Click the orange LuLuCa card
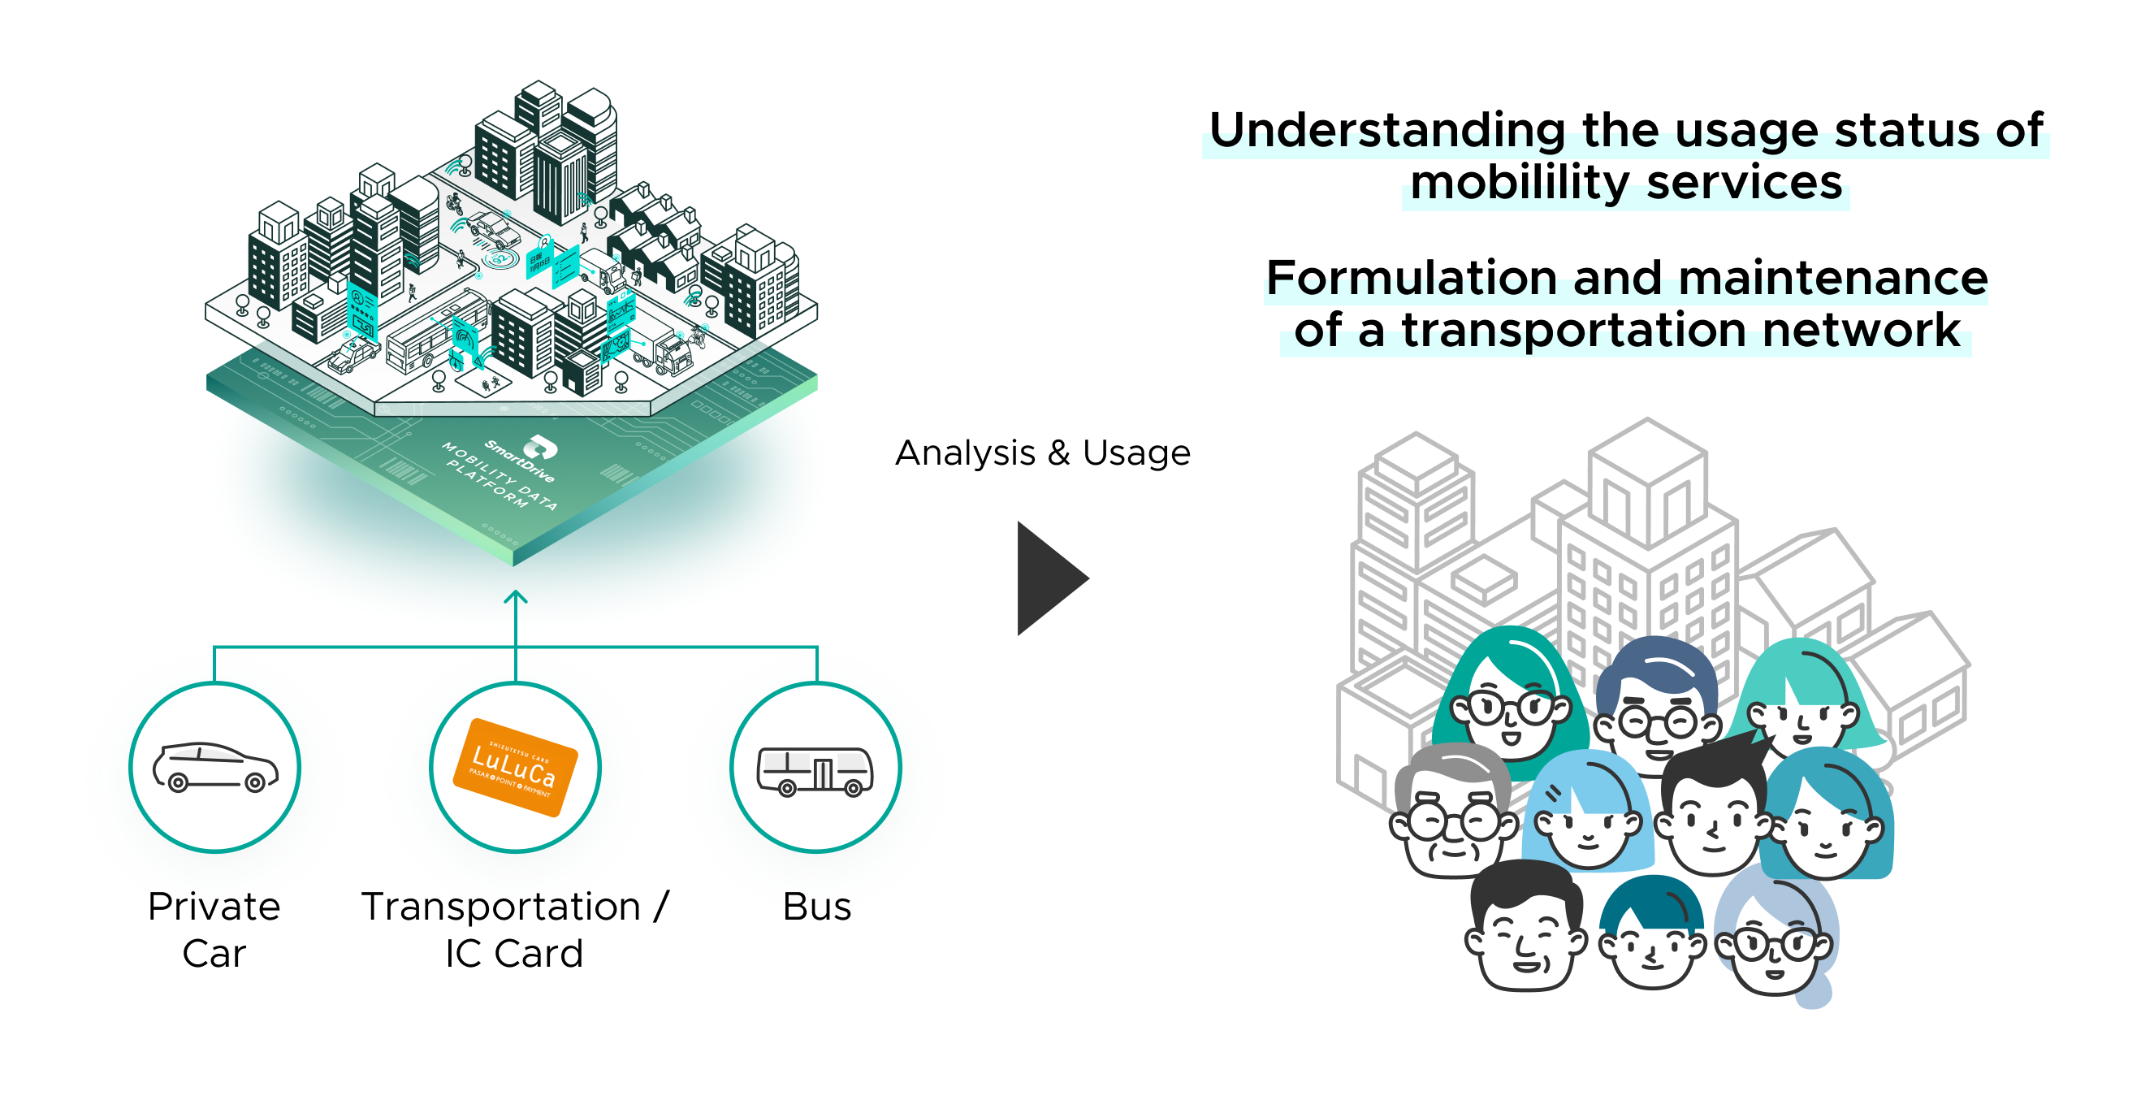[515, 766]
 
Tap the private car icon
[215, 766]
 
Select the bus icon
[815, 770]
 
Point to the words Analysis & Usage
[1042, 453]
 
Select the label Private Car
[214, 929]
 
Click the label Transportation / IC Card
[514, 929]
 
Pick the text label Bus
[816, 907]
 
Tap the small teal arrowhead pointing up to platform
[516, 596]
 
